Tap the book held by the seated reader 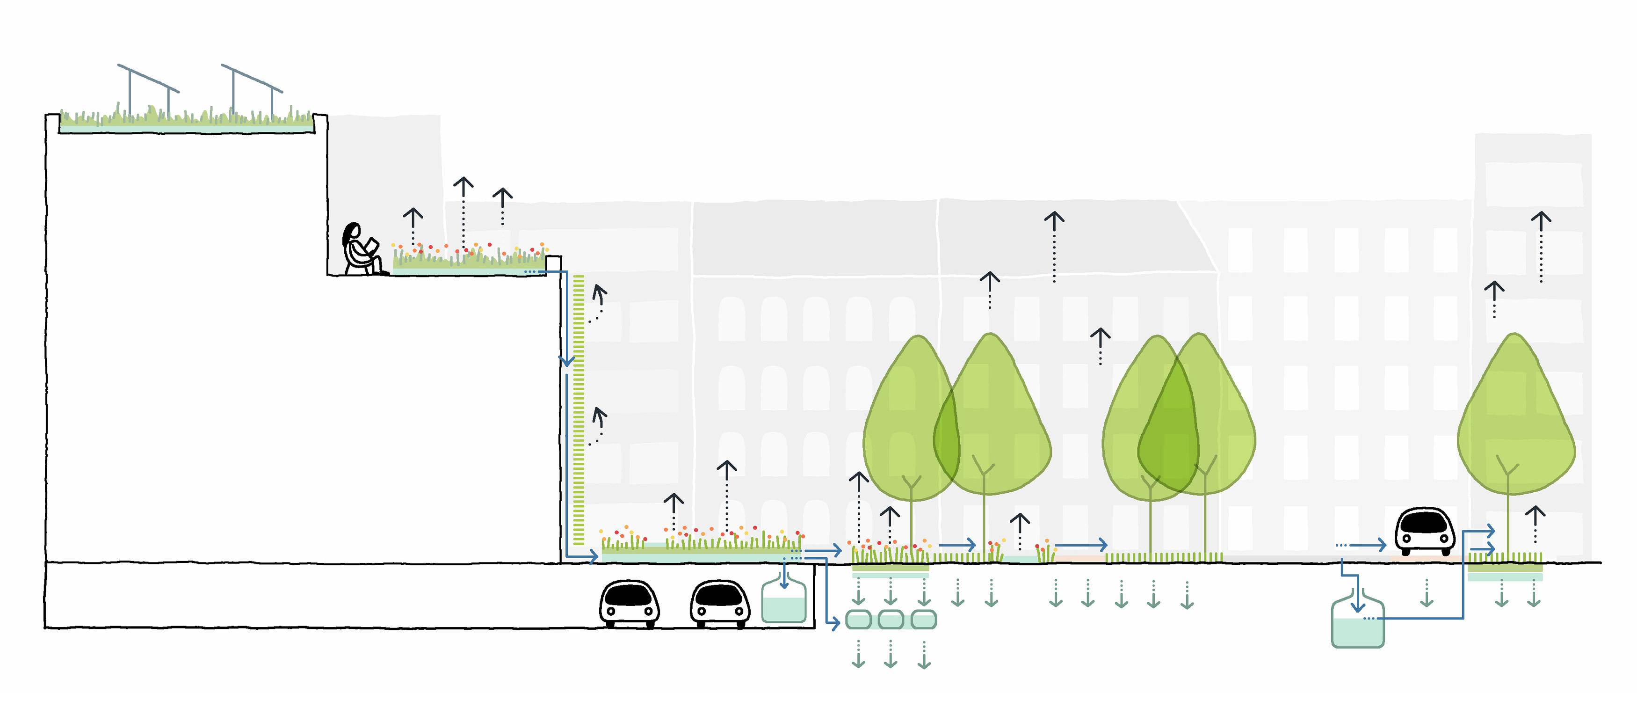click(x=372, y=245)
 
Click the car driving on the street click(x=1425, y=531)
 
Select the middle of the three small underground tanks click(x=891, y=620)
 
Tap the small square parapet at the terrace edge click(x=553, y=263)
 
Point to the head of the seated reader click(x=352, y=232)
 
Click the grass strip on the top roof click(x=184, y=119)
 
